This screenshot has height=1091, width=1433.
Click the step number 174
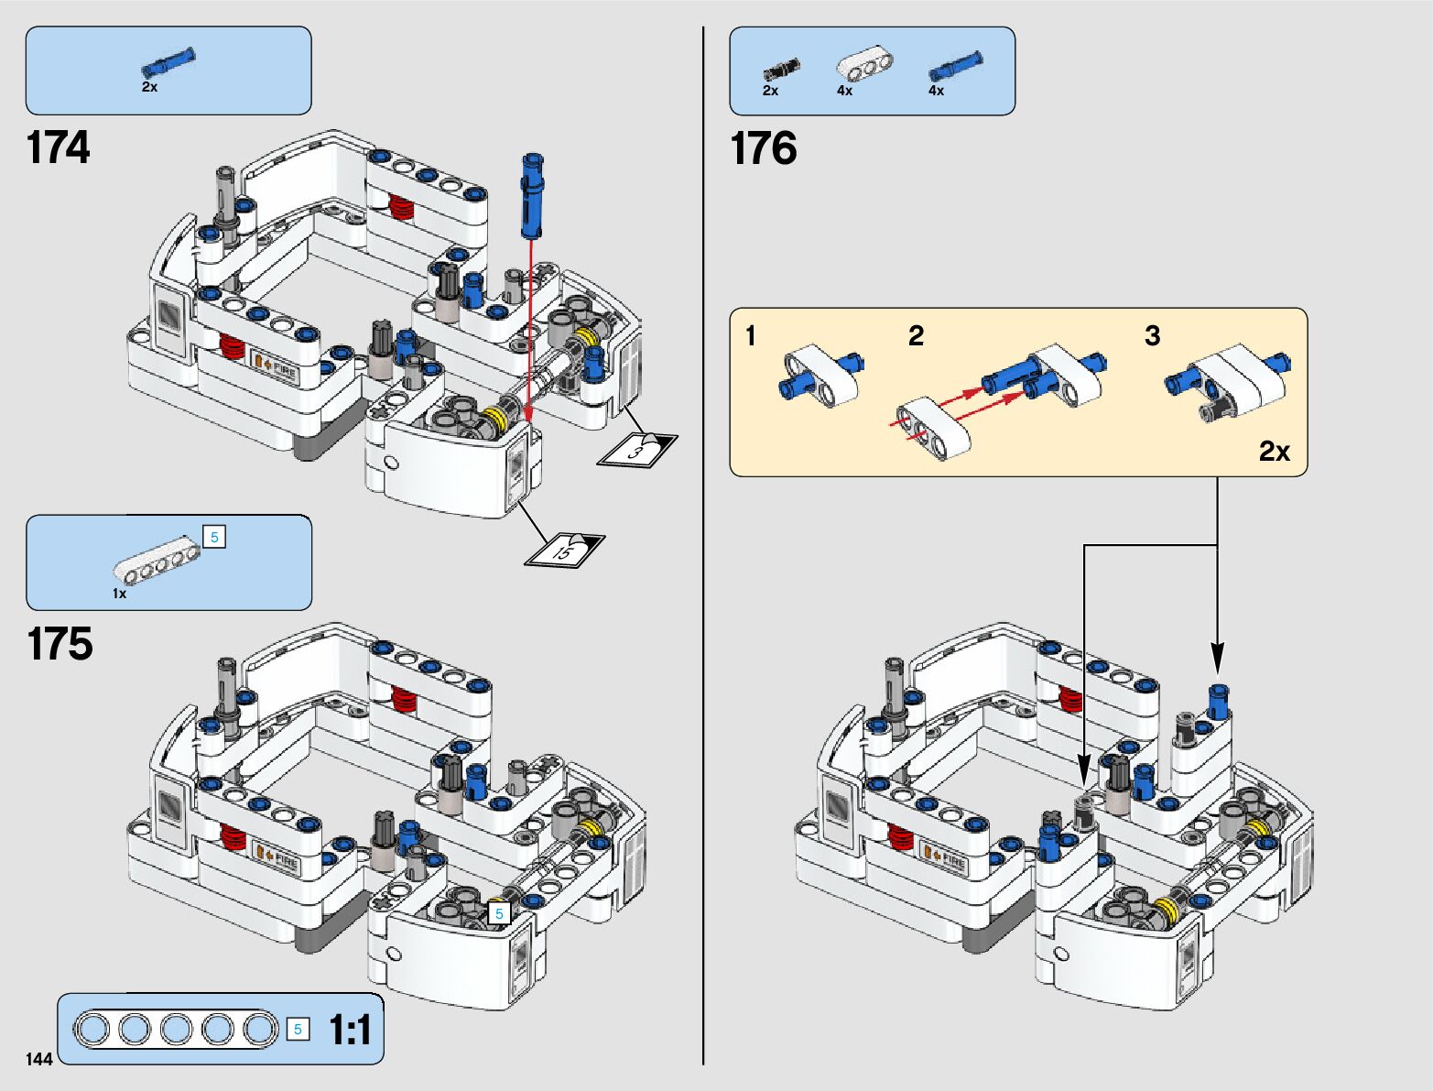tap(59, 147)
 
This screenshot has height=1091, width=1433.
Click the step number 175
tap(60, 644)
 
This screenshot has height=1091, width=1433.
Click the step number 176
tap(763, 148)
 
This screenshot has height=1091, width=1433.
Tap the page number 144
tap(39, 1060)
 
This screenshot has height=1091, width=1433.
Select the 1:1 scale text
tap(350, 1030)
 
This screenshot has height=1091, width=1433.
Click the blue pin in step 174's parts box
tap(168, 63)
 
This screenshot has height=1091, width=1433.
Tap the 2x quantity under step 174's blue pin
tap(149, 87)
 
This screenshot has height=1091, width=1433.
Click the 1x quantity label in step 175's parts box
tap(120, 594)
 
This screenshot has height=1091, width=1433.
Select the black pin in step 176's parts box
tap(780, 69)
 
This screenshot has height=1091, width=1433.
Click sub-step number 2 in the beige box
tap(916, 336)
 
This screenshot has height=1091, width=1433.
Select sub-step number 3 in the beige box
tap(1152, 336)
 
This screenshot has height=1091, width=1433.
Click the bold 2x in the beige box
tap(1274, 452)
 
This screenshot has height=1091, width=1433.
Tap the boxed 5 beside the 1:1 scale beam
tap(298, 1029)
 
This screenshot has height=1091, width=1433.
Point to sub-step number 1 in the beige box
tap(751, 336)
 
